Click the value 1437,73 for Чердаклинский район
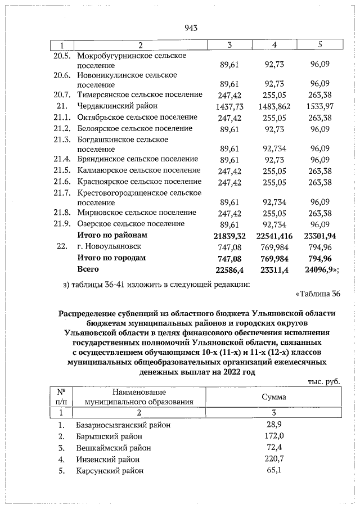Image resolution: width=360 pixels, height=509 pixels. click(229, 106)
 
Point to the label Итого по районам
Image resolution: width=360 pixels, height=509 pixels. click(112, 235)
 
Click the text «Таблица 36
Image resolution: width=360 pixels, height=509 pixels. click(317, 294)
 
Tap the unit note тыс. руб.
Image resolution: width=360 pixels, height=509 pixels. click(324, 381)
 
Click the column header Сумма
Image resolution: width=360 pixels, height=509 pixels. click(273, 397)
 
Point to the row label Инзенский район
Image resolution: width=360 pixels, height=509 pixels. click(108, 460)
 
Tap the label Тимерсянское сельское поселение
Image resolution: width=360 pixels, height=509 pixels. click(139, 94)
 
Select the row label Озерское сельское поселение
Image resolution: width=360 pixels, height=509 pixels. click(130, 223)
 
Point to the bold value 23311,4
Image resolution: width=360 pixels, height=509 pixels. click(275, 269)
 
